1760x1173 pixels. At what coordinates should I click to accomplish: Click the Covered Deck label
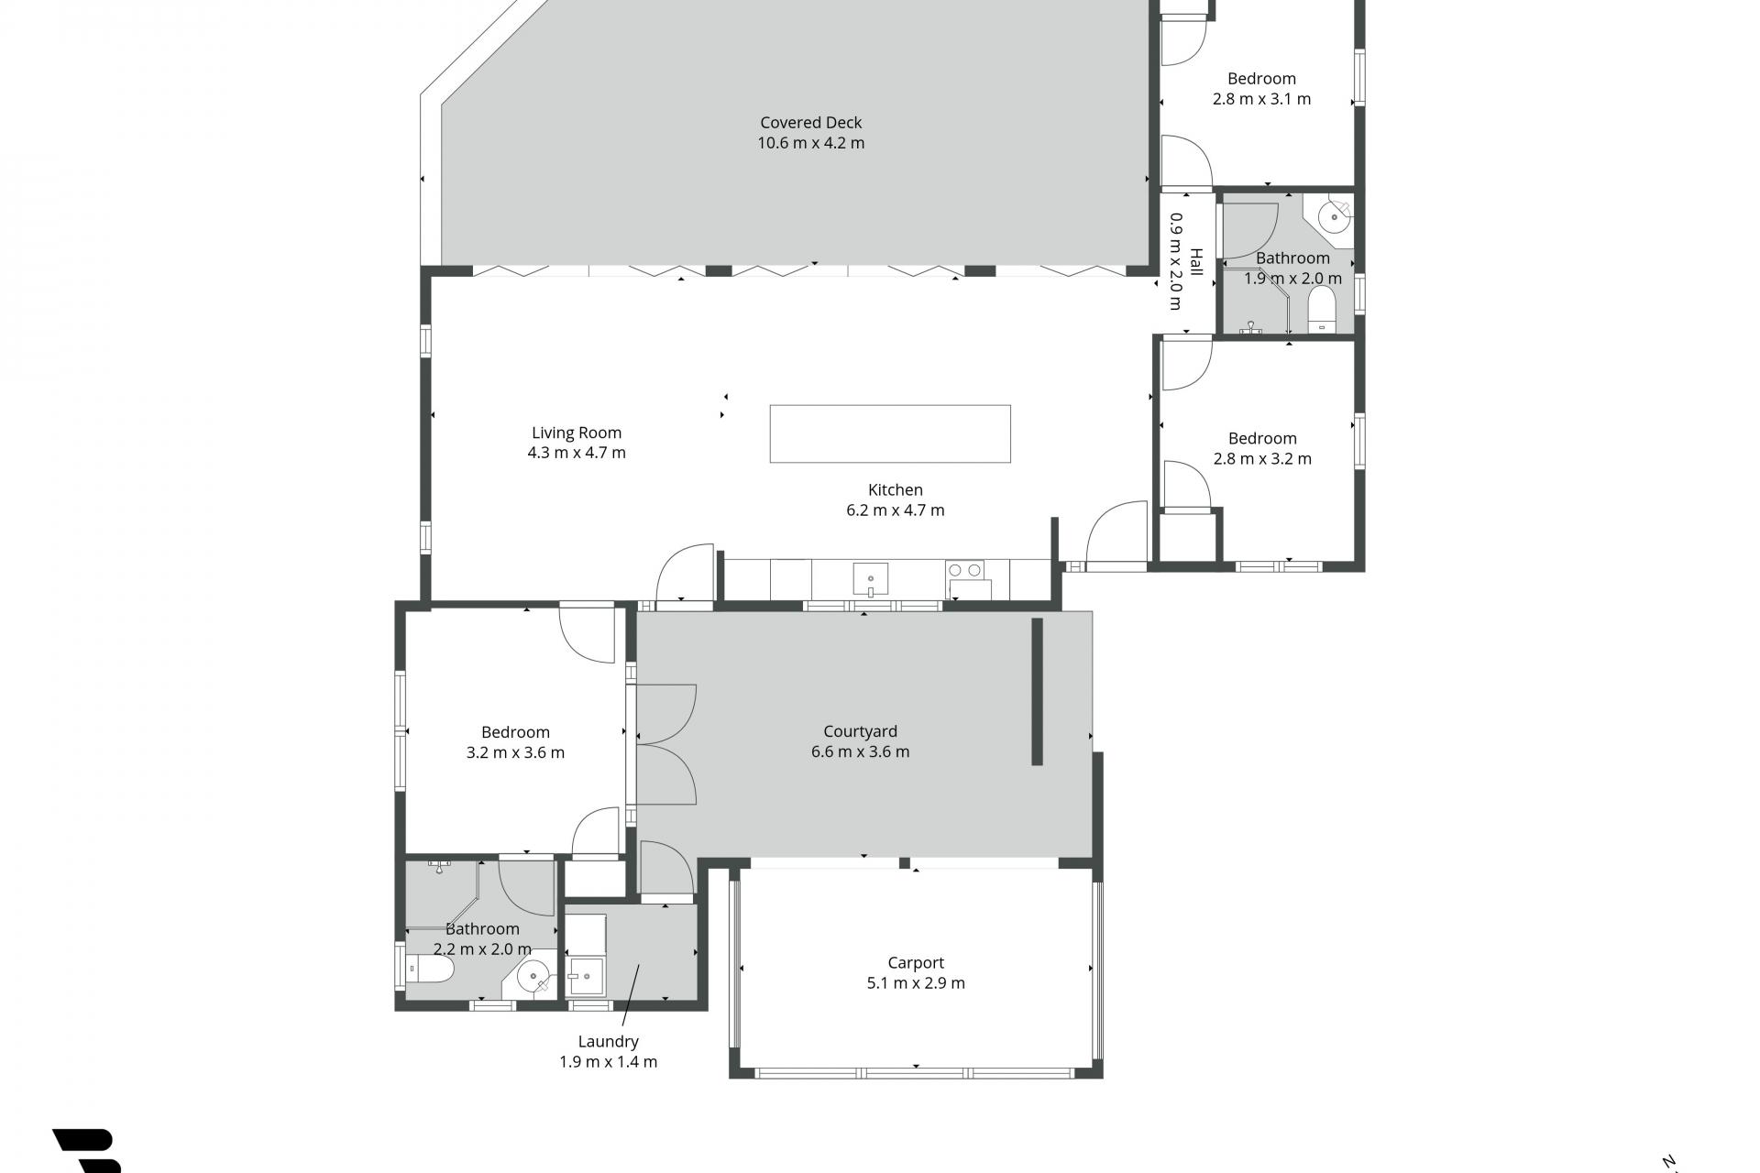(811, 122)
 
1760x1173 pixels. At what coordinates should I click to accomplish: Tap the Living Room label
(577, 433)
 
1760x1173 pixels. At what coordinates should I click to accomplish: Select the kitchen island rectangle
(890, 433)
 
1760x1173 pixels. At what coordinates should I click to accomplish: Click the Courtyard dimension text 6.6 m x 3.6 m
(860, 751)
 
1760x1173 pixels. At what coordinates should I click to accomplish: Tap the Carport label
(916, 962)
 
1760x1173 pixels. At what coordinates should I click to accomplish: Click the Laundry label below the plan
(609, 1041)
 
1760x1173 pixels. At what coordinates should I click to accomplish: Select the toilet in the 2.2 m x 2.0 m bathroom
(430, 970)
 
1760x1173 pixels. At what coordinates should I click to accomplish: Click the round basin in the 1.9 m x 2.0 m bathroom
(1334, 218)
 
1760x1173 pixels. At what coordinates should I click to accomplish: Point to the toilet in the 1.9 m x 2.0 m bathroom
(1321, 309)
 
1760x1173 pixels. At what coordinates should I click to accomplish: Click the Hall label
(1195, 262)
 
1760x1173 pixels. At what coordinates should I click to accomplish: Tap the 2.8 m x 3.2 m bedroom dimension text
(1262, 458)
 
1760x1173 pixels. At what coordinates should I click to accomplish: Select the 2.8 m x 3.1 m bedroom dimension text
(1261, 99)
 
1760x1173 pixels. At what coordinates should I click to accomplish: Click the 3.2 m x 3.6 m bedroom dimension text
(515, 752)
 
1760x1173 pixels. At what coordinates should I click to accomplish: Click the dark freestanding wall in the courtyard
(1038, 692)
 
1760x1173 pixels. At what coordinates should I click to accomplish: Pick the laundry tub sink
(586, 975)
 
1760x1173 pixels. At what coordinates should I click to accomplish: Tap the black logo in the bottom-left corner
(88, 1151)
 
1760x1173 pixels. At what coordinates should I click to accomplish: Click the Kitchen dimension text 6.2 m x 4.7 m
(895, 510)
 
